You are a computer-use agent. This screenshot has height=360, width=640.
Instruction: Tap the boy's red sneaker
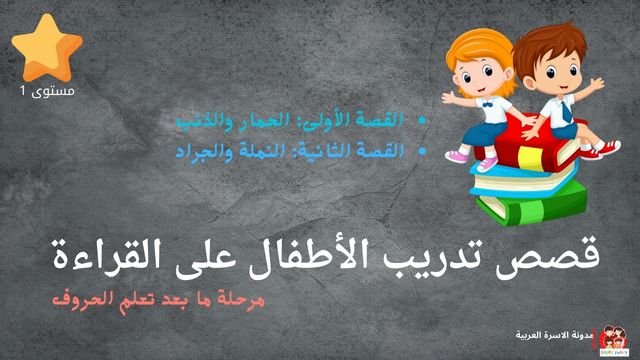pyautogui.click(x=605, y=149)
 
